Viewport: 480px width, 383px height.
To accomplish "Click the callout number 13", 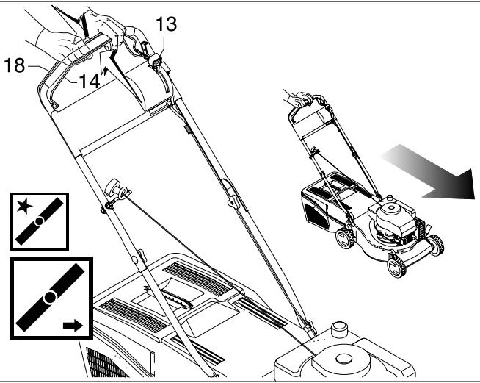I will pyautogui.click(x=166, y=24).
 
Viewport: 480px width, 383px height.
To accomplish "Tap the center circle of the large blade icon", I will pyautogui.click(x=48, y=298).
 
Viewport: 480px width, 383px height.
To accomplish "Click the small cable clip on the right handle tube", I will pyautogui.click(x=186, y=129).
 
